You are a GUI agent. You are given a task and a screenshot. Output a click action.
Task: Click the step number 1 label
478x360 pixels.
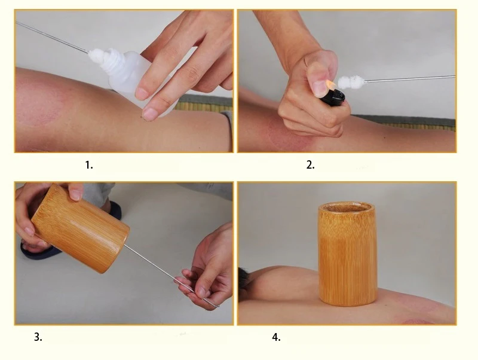(88, 165)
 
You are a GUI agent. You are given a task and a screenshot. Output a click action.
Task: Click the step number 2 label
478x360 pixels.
(310, 165)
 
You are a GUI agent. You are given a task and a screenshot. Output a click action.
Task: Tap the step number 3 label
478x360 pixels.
(38, 337)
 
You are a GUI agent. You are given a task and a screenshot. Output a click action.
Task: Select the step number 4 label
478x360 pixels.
(276, 337)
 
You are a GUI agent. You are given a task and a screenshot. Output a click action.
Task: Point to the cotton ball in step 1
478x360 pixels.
(97, 54)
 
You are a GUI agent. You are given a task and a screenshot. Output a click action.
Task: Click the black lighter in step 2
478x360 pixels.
(333, 97)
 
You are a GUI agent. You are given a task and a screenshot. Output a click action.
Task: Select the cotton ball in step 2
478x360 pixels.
(351, 82)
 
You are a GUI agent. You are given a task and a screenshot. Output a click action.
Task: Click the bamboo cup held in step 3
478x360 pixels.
(81, 228)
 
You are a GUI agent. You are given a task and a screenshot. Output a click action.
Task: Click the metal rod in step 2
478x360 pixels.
(410, 79)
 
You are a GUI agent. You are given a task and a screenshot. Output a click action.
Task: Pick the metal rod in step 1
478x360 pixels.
(52, 37)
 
